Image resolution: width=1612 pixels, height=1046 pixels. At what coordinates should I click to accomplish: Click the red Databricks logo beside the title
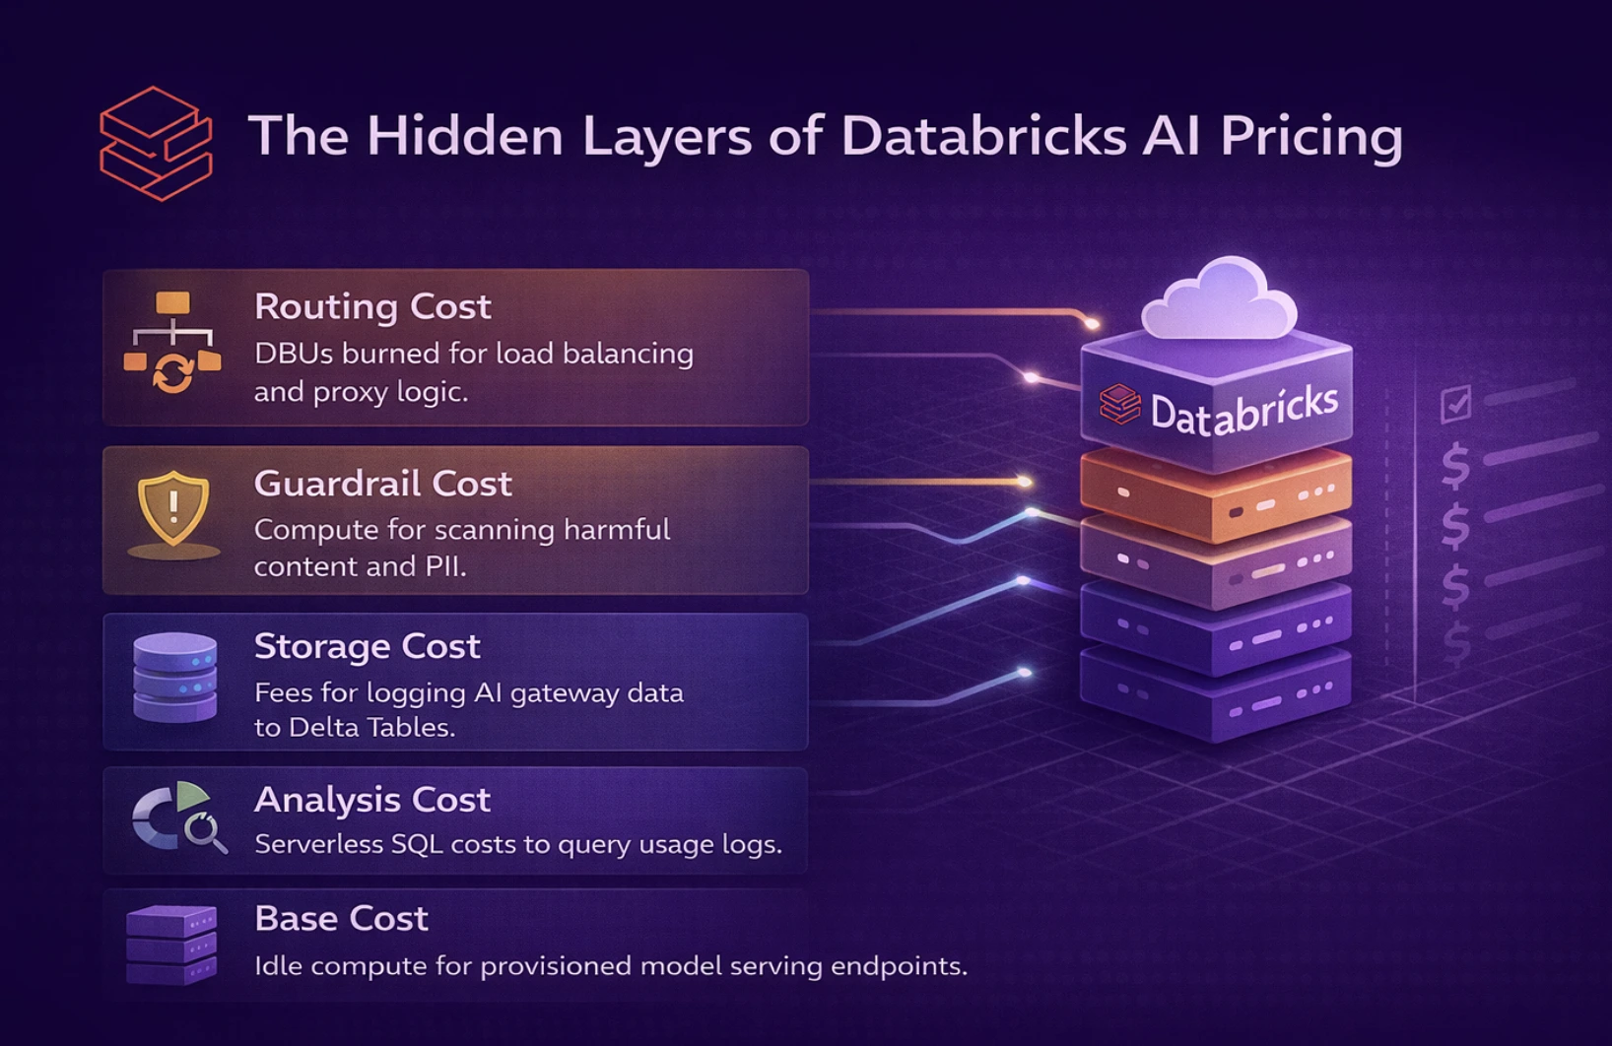pos(156,144)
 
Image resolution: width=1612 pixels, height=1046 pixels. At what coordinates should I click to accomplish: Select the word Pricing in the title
pos(1310,136)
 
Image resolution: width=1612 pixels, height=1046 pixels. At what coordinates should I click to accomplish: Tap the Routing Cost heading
pos(372,307)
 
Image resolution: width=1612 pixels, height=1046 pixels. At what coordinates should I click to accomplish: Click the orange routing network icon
pos(172,343)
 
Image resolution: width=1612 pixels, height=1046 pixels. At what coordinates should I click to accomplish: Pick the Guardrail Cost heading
pos(382,484)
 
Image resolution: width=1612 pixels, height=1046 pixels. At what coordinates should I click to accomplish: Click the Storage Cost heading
pos(367,646)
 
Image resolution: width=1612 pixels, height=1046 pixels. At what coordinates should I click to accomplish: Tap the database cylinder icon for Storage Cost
pos(174,678)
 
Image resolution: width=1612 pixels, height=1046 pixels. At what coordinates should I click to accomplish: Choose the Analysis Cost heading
pos(371,800)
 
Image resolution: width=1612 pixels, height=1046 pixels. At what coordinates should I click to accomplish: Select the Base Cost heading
pos(341,919)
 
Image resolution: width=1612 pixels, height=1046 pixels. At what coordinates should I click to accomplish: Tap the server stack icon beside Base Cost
pos(171,944)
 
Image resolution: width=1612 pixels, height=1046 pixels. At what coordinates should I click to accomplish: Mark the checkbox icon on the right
pos(1455,404)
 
